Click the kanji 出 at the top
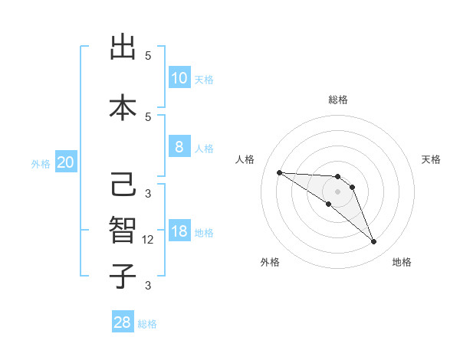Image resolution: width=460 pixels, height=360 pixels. [123, 47]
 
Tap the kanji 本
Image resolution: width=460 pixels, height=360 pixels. [123, 107]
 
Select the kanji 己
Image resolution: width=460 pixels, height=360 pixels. [123, 185]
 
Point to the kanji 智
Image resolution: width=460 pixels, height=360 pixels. [123, 231]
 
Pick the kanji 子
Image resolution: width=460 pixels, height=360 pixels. [123, 276]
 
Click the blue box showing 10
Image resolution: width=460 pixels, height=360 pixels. [179, 78]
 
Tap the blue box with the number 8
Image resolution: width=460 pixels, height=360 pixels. [179, 147]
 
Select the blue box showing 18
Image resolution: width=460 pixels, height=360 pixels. [179, 231]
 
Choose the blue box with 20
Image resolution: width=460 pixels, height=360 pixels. [66, 162]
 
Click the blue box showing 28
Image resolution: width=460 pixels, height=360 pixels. [123, 322]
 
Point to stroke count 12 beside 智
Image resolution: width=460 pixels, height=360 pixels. [149, 240]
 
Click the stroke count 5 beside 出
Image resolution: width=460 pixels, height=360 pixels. [148, 56]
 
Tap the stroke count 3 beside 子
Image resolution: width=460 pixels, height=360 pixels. [148, 286]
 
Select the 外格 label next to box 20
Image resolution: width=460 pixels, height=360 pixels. [40, 163]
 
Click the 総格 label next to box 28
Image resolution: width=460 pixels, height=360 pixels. [147, 324]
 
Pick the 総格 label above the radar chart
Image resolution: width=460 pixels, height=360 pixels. [337, 100]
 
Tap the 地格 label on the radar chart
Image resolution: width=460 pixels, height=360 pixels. [402, 262]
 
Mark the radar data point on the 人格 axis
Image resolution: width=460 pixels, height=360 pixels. [279, 172]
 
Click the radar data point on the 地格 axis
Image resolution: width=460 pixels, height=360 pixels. [373, 242]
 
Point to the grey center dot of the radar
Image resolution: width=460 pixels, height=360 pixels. [337, 191]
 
